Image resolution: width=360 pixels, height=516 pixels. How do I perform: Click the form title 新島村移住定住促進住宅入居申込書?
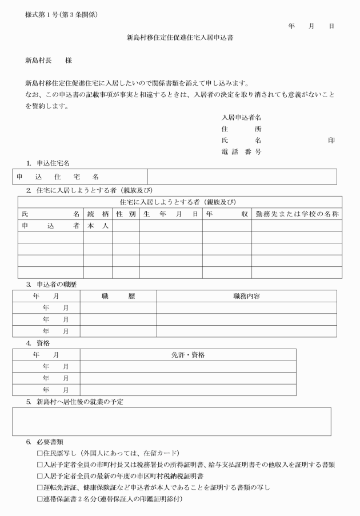point(179,38)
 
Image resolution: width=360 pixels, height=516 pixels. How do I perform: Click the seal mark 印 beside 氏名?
point(331,141)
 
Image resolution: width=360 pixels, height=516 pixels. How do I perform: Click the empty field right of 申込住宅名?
point(242,177)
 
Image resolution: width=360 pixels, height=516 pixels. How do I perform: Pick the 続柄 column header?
point(98,214)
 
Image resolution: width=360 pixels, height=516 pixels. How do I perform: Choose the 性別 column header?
point(126,214)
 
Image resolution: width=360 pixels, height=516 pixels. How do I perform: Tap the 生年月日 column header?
point(170,214)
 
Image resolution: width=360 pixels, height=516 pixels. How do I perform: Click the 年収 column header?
point(226,214)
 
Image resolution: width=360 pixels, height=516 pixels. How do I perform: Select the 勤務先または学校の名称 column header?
point(297,214)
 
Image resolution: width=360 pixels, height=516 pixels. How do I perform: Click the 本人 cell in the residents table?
point(98,226)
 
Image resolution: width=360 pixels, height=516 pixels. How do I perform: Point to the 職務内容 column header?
point(246,296)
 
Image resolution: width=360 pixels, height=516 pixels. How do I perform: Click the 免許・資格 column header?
point(188,355)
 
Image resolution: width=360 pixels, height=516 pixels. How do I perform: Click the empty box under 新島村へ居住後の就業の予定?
point(171,422)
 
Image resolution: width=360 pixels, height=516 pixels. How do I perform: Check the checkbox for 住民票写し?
point(39,453)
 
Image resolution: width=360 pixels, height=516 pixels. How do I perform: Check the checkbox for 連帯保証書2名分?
point(39,499)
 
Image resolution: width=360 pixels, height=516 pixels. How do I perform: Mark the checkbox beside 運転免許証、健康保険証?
point(39,487)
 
